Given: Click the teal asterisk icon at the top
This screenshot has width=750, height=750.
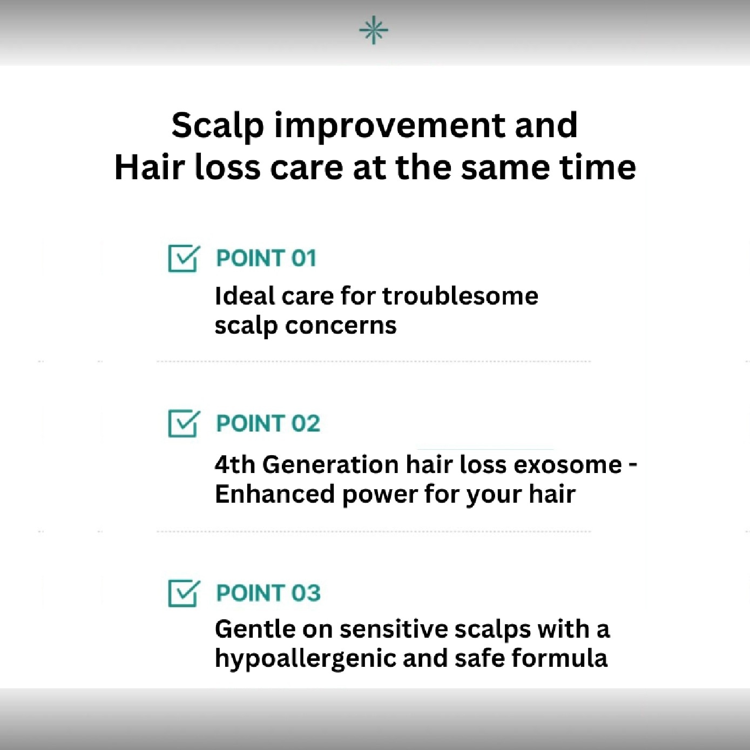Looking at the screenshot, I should coord(374,30).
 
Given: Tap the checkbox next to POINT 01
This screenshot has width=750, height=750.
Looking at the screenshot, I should coord(183,258).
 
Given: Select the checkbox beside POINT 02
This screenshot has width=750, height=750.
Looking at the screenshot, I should coord(183,423).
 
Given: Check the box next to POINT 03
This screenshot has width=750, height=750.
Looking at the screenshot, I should coord(183,593).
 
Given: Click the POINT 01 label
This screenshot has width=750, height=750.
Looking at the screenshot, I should coord(266,258).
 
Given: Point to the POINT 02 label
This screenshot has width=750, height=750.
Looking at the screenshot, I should coord(268,423).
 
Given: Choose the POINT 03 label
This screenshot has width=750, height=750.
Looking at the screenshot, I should coord(268,593).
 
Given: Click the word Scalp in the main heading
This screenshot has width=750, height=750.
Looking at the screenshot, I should coord(218,126).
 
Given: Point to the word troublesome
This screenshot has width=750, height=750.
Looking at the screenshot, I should coord(460,296).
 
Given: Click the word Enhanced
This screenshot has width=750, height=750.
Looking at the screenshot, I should coord(274,494).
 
